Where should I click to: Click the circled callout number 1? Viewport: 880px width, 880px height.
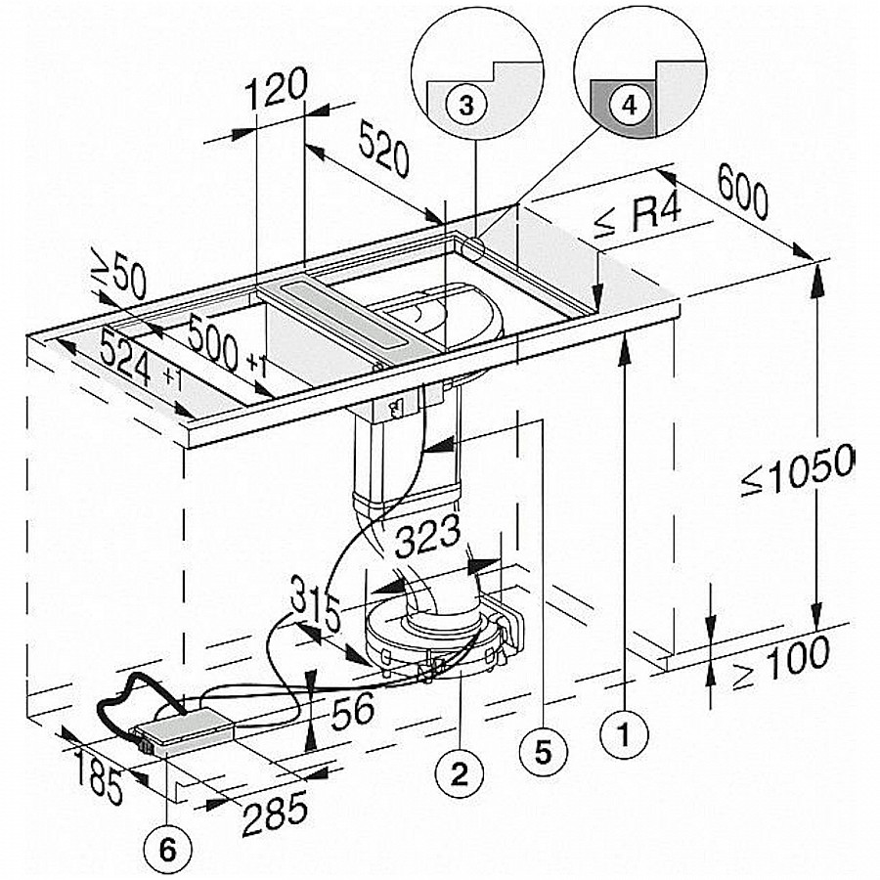[624, 733]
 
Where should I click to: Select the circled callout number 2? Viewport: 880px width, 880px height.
[460, 774]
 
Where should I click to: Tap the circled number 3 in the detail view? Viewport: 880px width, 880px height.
[466, 105]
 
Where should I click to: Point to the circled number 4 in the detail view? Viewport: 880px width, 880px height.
[630, 105]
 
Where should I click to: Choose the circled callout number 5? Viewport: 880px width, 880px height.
[544, 752]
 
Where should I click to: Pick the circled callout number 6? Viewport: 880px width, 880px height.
[167, 850]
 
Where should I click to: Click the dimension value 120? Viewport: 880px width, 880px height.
[276, 89]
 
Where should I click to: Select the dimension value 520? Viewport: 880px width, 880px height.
[384, 150]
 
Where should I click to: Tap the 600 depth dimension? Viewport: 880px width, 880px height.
[742, 193]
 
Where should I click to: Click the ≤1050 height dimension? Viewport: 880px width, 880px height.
[797, 469]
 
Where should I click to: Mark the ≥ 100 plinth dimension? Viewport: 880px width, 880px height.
[782, 663]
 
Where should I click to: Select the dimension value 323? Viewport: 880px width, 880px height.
[427, 536]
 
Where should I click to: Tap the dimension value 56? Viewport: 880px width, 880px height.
[352, 711]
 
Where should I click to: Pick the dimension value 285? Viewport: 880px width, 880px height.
[276, 813]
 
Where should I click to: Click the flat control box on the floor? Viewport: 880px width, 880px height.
[184, 727]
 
